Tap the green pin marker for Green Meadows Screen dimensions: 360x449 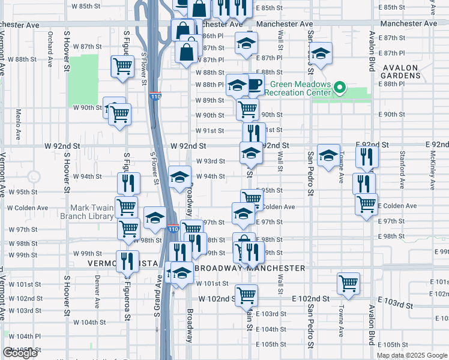pyautogui.click(x=340, y=89)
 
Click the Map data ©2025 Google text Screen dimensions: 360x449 pyautogui.click(x=412, y=355)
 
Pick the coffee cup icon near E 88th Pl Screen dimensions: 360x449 pyautogui.click(x=255, y=85)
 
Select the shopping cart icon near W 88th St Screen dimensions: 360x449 pyautogui.click(x=123, y=66)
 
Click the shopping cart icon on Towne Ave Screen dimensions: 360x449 pyautogui.click(x=348, y=283)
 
